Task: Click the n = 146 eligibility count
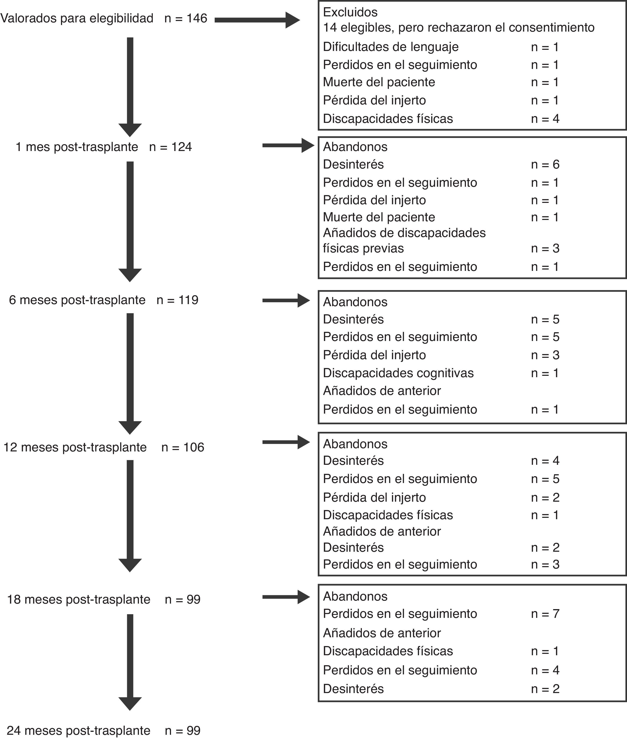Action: [186, 18]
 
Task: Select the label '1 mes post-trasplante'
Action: [77, 147]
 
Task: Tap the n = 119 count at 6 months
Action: [177, 300]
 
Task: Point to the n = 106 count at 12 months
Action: [183, 447]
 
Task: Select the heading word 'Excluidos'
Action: [350, 12]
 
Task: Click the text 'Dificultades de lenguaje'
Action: [391, 47]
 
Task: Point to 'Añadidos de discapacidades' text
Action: [404, 233]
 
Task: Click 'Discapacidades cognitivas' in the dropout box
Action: [398, 373]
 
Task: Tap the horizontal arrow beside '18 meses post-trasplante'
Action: [286, 597]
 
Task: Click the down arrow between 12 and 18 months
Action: [130, 515]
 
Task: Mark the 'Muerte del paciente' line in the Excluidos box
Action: [379, 82]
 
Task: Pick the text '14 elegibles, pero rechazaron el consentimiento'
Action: [459, 27]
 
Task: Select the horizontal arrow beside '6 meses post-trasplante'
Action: [286, 300]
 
